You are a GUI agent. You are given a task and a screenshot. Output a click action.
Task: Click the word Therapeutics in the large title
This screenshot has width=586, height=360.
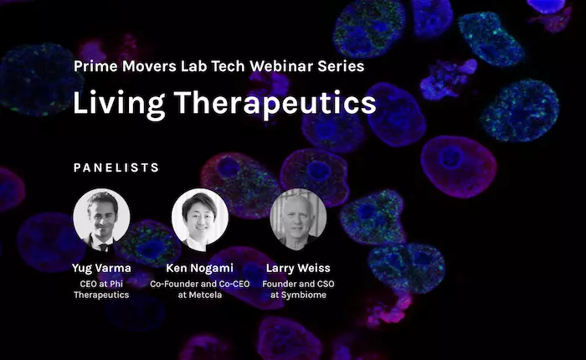(x=275, y=104)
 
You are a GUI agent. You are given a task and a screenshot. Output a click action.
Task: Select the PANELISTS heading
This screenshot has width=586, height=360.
(x=116, y=167)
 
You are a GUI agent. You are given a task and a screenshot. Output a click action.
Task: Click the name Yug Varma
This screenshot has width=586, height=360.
(x=101, y=268)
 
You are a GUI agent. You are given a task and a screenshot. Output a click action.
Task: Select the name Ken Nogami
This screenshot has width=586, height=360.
(x=199, y=268)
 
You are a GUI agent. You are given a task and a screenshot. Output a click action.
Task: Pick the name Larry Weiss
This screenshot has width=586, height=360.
(x=298, y=268)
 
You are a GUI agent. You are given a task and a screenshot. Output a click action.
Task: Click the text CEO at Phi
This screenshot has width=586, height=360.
(x=101, y=284)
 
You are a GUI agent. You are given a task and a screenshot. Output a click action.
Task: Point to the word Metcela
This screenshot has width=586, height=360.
(x=205, y=295)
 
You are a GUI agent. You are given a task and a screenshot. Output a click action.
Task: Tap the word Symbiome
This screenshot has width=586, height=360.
(x=303, y=295)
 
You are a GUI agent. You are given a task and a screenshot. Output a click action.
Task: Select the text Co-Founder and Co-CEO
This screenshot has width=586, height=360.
(x=199, y=284)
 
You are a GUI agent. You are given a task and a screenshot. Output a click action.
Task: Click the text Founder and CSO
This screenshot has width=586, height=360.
(x=298, y=284)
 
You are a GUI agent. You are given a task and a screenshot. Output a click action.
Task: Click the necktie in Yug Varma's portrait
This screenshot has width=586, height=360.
(x=104, y=247)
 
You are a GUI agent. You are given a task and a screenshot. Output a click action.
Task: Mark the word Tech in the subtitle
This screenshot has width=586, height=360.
(x=228, y=66)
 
